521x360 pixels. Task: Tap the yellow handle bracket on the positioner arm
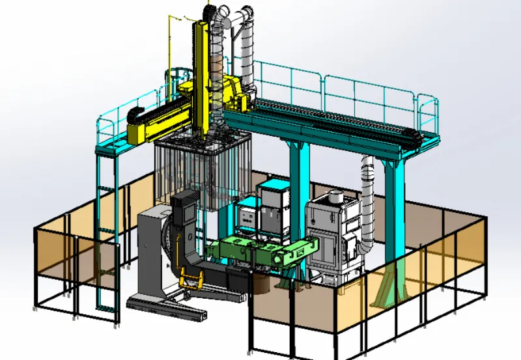pyautogui.click(x=188, y=283)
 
